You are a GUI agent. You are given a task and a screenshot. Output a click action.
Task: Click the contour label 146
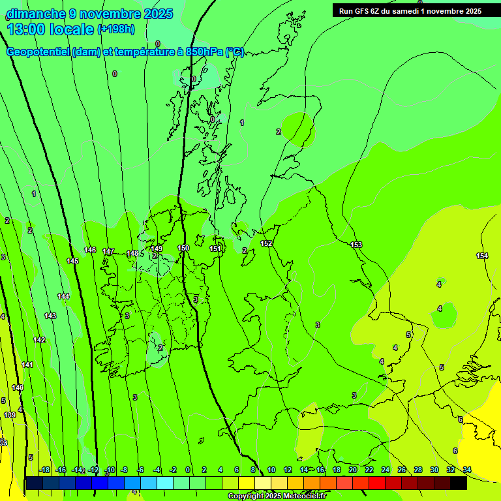[x=90, y=250]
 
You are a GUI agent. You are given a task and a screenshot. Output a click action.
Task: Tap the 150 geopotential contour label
[x=183, y=248]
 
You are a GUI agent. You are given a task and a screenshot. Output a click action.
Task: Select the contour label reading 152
[x=266, y=243]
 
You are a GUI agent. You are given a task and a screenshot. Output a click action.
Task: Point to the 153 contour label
[x=356, y=245]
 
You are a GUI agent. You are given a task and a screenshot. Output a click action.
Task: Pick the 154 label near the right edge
[x=482, y=256]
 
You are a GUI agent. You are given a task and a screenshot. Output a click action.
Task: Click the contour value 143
[x=50, y=316]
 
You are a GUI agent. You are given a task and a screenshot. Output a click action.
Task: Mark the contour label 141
[x=27, y=365]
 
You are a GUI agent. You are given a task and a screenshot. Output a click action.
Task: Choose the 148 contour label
[x=132, y=253]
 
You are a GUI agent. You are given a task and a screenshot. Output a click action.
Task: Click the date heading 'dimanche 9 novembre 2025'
[x=89, y=14]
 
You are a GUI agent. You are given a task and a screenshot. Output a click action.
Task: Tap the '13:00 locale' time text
[x=50, y=29]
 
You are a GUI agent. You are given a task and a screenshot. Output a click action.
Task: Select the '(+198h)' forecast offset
[x=117, y=29]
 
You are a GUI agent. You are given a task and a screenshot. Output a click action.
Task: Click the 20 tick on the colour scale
[x=352, y=470]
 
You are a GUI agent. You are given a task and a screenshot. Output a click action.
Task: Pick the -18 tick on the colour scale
[x=44, y=470]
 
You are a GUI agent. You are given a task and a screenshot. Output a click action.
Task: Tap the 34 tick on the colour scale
[x=466, y=470]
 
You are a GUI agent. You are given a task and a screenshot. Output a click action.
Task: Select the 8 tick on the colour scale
[x=253, y=470]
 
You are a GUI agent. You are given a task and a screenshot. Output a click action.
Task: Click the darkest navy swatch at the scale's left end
[x=34, y=483]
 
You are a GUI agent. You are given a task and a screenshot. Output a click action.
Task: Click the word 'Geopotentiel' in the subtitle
[x=38, y=52]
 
